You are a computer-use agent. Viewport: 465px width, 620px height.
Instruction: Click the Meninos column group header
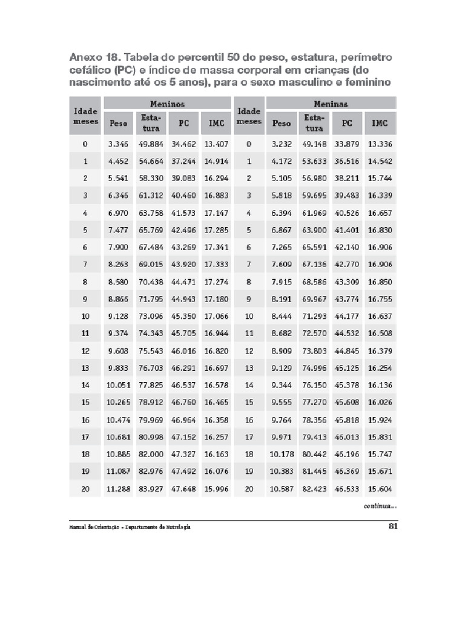pyautogui.click(x=167, y=104)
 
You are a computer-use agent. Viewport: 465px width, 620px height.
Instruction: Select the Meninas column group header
pyautogui.click(x=331, y=104)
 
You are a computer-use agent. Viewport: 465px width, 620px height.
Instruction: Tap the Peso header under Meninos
pyautogui.click(x=119, y=123)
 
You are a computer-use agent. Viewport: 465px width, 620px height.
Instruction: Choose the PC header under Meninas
pyautogui.click(x=347, y=123)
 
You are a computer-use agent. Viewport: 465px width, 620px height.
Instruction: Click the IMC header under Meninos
pyautogui.click(x=216, y=123)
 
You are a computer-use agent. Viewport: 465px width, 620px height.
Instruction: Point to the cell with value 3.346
pyautogui.click(x=119, y=144)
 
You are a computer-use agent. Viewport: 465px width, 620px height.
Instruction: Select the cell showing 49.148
pyautogui.click(x=314, y=144)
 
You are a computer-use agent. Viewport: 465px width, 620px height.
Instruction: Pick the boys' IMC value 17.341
pyautogui.click(x=216, y=247)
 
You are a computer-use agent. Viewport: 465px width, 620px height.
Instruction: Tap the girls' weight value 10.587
pyautogui.click(x=282, y=489)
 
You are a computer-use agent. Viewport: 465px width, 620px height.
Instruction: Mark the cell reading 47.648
pyautogui.click(x=184, y=489)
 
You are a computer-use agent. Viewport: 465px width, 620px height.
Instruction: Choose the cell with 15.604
pyautogui.click(x=380, y=489)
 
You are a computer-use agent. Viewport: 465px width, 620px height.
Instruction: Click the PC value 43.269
pyautogui.click(x=184, y=247)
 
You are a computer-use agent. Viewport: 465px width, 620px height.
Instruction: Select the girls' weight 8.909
pyautogui.click(x=282, y=351)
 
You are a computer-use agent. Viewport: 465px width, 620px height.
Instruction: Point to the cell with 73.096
pyautogui.click(x=151, y=316)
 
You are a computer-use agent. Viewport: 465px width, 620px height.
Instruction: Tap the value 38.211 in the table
pyautogui.click(x=347, y=179)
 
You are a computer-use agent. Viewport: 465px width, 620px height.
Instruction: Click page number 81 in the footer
pyautogui.click(x=392, y=526)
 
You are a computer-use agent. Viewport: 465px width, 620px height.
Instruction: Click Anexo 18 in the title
pyautogui.click(x=94, y=58)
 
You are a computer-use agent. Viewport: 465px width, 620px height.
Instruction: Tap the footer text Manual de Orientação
pyautogui.click(x=93, y=527)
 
